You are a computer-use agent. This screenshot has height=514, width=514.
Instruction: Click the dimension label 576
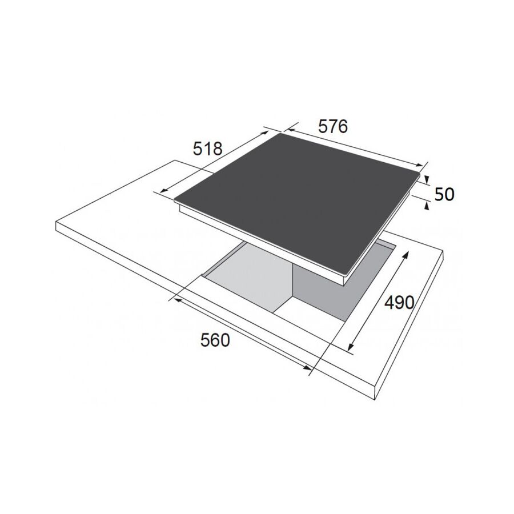tap(333, 127)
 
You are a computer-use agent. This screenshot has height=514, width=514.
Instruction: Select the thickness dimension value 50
tap(444, 194)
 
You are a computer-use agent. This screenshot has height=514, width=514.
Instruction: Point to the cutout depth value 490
tap(399, 302)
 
